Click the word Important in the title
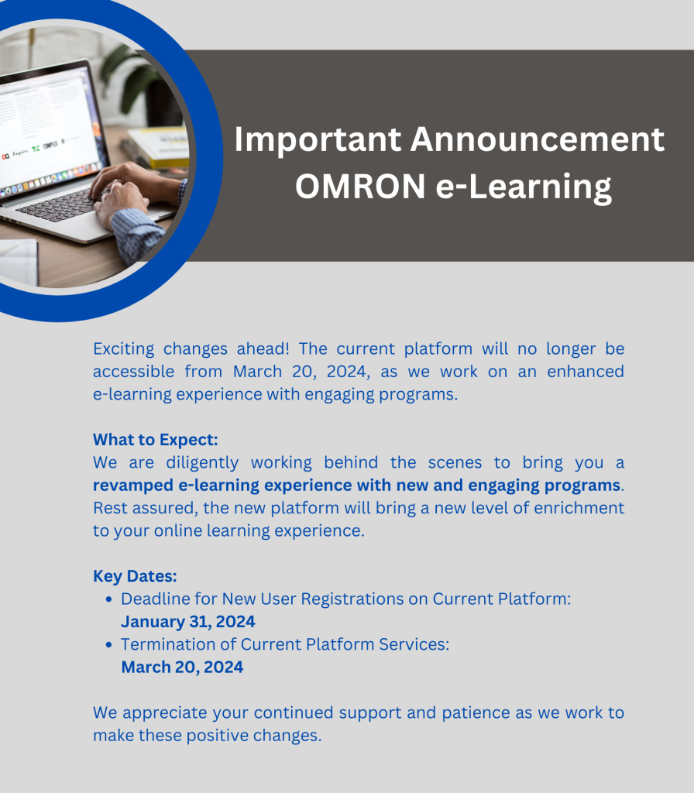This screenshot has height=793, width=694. point(318,140)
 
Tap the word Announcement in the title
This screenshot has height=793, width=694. point(538,139)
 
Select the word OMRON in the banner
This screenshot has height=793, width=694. point(360,186)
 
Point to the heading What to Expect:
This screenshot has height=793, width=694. point(155,440)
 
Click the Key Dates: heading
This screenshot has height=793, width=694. point(135,576)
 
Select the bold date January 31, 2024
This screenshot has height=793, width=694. point(188,622)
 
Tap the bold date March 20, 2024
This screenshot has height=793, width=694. point(182,667)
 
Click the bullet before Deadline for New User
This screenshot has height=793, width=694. point(108,599)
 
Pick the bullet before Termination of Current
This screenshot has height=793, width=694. point(108,645)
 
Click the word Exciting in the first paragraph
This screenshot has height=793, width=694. point(123,349)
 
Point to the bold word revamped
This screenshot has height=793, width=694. point(133,486)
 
